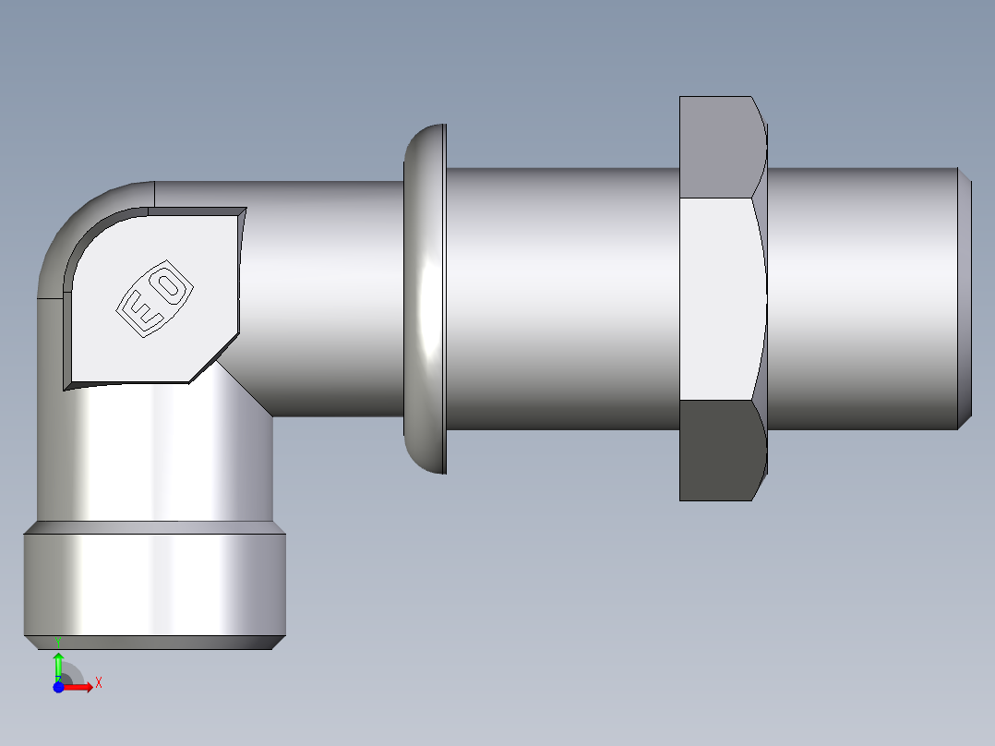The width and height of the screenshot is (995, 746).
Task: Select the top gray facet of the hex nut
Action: click(720, 147)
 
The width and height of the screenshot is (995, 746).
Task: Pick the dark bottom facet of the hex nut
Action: click(720, 450)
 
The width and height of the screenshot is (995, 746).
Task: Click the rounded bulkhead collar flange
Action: click(426, 299)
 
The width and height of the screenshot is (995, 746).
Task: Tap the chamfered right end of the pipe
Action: click(964, 297)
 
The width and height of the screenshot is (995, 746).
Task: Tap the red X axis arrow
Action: click(78, 687)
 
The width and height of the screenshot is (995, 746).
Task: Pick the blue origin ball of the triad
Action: click(58, 687)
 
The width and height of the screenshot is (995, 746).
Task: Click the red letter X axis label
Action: click(98, 683)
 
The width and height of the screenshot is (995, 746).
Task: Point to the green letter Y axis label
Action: click(58, 642)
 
